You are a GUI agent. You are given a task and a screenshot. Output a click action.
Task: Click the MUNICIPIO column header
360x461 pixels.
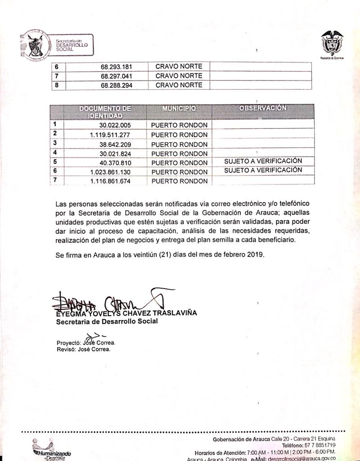(x=179, y=108)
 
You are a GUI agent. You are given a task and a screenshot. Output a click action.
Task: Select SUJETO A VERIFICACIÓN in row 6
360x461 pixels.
(x=263, y=170)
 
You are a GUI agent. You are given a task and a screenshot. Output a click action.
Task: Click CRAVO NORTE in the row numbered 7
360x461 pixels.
(x=179, y=76)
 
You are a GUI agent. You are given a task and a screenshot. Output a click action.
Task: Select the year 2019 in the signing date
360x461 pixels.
(x=255, y=254)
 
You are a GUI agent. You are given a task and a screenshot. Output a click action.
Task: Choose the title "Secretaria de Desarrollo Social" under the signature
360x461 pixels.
(x=107, y=321)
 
